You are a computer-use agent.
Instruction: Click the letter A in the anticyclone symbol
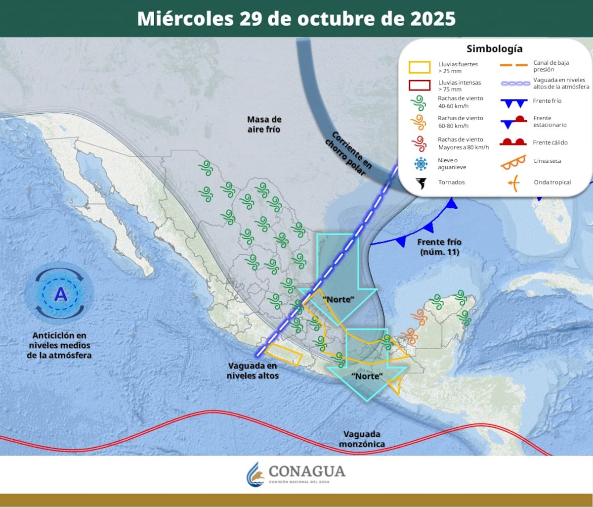point(61,294)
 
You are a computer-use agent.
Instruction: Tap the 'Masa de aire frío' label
point(264,124)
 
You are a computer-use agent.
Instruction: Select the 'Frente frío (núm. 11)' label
point(439,247)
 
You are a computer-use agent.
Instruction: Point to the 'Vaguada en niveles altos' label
point(253,370)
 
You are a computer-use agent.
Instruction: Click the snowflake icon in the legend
point(421,164)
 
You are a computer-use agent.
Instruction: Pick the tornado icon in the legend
point(421,183)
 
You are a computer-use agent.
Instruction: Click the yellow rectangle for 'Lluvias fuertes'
point(419,67)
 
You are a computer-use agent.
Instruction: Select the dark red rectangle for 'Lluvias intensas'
point(419,85)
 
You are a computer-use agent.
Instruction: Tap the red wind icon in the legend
point(419,143)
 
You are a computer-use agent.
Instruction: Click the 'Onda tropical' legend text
point(552,183)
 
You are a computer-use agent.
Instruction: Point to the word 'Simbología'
point(494,49)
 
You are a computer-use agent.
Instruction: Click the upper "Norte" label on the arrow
point(339,300)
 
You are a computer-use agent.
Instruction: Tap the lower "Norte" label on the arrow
point(367,376)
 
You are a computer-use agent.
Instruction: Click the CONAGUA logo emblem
point(255,474)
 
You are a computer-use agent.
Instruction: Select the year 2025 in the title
point(433,19)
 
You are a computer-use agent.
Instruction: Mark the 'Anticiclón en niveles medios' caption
point(60,345)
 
